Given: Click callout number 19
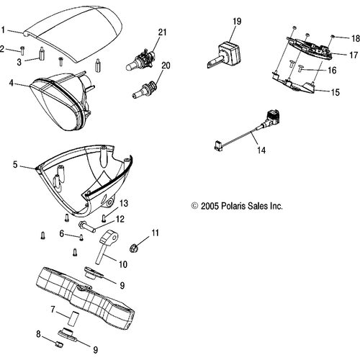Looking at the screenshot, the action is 237,22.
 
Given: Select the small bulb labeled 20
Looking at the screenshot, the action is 145,89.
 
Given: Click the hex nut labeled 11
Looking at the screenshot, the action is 133,248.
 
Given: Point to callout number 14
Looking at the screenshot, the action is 261,150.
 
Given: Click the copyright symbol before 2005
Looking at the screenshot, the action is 194,206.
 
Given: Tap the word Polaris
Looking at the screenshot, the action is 232,206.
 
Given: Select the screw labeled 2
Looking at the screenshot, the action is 22,50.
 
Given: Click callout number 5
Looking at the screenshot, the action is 15,165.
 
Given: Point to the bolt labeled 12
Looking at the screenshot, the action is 86,226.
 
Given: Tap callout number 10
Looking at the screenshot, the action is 123,264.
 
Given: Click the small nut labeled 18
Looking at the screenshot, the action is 333,36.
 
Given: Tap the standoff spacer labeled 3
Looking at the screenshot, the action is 41,54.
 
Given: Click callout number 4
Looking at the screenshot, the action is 12,84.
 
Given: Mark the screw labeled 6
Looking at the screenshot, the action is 81,238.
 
